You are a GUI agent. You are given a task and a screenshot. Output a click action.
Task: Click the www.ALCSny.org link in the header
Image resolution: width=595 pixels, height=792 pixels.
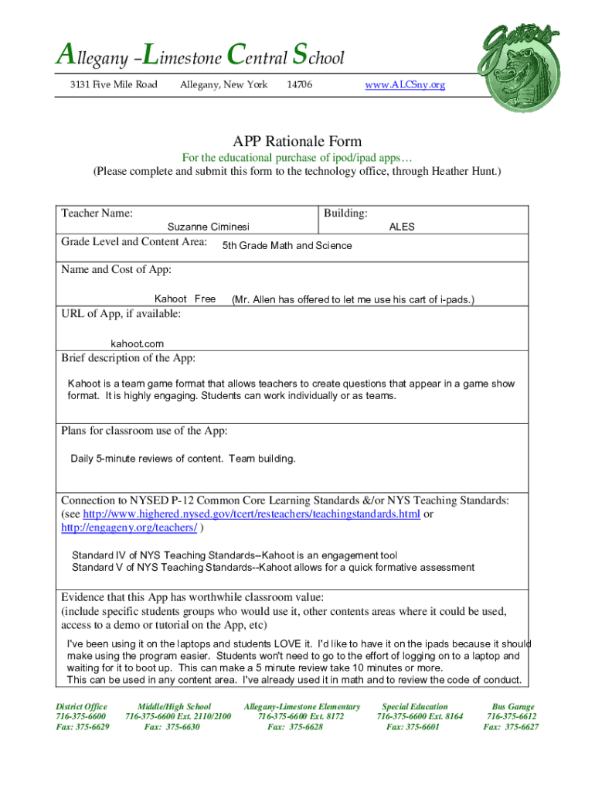pos(405,84)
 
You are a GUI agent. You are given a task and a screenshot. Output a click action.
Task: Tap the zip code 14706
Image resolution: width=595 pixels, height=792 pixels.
pos(299,84)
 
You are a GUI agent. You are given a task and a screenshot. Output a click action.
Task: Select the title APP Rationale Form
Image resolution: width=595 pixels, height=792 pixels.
pos(297,142)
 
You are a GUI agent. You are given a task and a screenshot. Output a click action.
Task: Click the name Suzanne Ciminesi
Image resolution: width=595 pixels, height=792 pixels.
pos(209,227)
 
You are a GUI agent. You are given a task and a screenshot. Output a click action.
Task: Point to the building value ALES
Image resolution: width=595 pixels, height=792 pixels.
pos(402,227)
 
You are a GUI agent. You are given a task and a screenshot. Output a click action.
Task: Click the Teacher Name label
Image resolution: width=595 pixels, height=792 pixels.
pos(97,213)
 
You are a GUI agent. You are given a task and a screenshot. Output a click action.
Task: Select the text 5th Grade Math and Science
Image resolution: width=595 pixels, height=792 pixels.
pos(287,246)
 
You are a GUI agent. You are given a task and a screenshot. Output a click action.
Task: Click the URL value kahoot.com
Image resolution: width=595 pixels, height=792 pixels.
pos(137,343)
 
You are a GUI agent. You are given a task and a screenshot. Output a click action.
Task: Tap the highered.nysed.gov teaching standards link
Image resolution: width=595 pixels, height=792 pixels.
pos(251,514)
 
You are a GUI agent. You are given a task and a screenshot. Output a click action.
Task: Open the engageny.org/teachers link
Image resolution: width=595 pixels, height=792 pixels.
pos(129,527)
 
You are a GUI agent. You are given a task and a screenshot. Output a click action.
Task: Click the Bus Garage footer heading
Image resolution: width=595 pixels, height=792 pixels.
pos(511,706)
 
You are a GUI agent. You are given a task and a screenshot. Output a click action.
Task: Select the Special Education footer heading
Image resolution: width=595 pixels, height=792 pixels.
pos(415,706)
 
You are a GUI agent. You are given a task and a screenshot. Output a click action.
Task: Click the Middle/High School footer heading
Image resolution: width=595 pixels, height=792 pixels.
pos(174,706)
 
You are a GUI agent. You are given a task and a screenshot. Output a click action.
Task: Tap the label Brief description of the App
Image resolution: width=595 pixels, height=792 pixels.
pos(128,358)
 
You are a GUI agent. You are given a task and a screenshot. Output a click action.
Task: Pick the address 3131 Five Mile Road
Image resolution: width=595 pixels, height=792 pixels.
pos(109,84)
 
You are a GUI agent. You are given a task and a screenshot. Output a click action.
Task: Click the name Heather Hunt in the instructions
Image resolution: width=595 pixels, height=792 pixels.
pos(464,171)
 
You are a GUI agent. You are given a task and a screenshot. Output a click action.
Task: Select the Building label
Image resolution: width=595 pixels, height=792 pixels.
pos(345,213)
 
